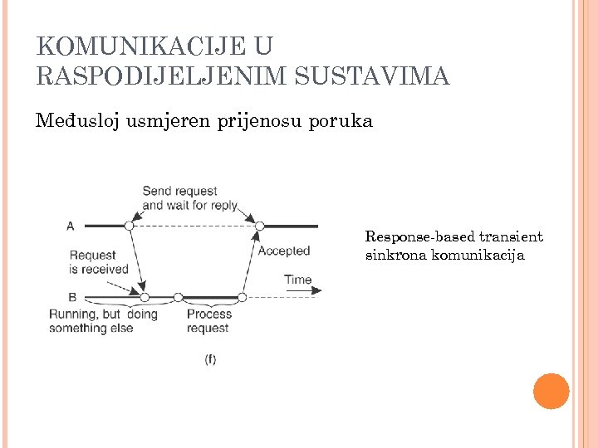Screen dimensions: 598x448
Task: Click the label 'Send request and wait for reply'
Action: click(190, 197)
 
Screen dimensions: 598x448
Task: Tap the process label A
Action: click(70, 226)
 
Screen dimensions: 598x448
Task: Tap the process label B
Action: click(72, 296)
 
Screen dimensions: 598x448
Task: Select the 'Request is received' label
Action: click(99, 262)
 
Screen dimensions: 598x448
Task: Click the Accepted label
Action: click(284, 251)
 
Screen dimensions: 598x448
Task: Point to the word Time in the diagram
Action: click(297, 280)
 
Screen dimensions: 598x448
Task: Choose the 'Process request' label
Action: click(208, 321)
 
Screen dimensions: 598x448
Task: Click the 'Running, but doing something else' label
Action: click(103, 321)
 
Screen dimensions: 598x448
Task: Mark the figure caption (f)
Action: click(210, 359)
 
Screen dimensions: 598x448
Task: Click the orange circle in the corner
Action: click(551, 392)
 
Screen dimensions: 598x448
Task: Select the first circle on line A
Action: click(129, 225)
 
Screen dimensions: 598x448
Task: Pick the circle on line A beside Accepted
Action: click(259, 226)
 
